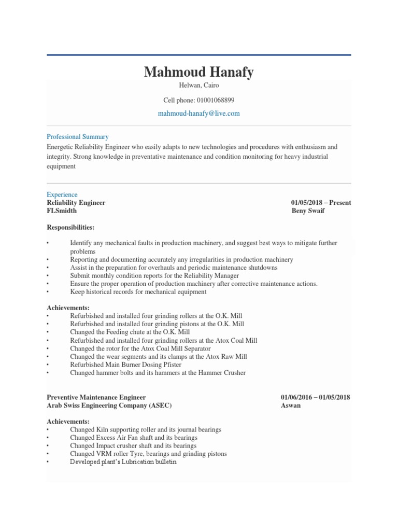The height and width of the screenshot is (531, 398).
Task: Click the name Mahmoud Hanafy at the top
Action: (198, 72)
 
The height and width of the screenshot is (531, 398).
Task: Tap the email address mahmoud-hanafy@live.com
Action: (198, 113)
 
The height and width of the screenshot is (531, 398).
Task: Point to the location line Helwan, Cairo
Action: (198, 86)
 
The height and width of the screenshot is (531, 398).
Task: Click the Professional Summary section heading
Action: (78, 137)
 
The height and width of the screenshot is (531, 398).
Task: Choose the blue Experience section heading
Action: (62, 195)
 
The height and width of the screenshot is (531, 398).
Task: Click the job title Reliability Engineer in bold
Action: (76, 203)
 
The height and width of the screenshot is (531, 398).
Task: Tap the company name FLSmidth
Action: (62, 211)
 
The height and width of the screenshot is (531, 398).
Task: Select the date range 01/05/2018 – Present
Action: (321, 203)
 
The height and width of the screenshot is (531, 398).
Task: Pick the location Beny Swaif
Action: (308, 211)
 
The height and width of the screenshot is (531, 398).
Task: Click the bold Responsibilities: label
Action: (71, 227)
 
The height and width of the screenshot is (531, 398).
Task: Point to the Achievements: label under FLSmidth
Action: (68, 308)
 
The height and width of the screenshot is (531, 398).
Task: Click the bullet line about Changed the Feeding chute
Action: (130, 332)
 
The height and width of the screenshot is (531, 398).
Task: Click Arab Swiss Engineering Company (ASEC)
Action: (109, 406)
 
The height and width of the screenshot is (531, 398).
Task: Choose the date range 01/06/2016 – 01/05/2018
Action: (316, 397)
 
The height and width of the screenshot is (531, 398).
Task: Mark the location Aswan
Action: (291, 406)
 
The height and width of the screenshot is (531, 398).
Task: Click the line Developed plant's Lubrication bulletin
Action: (123, 462)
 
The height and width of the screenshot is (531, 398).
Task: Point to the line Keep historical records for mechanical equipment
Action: (138, 292)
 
